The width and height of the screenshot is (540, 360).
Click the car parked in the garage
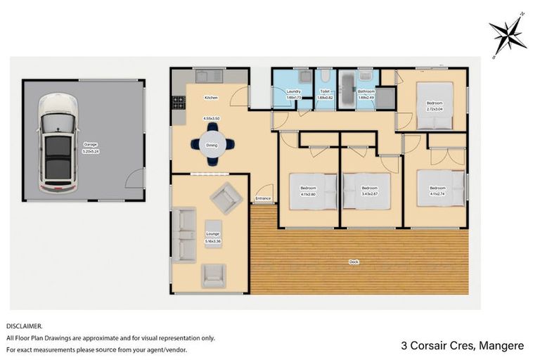(x=58, y=143)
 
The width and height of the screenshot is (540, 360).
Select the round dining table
(x=212, y=145)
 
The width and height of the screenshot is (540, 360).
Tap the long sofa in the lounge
(x=185, y=235)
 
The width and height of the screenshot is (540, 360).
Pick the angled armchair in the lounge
(x=226, y=198)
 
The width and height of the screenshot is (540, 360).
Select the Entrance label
(x=264, y=198)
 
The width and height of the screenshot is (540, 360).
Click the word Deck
(x=354, y=262)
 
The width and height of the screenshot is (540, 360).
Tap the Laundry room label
(x=295, y=91)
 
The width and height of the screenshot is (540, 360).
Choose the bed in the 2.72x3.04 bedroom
(x=435, y=105)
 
